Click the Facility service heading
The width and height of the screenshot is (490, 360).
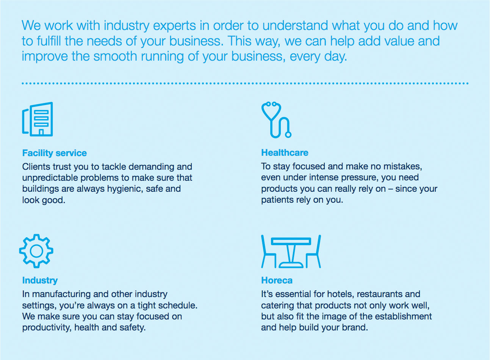coord(55,153)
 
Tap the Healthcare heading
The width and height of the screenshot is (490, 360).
coord(285,153)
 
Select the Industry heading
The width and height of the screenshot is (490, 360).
coord(40,280)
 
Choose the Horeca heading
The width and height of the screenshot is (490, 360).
coord(277,280)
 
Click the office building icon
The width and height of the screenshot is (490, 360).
coord(38,119)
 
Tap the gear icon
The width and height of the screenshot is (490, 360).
coord(36,251)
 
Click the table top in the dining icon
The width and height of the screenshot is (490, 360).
coord(291,241)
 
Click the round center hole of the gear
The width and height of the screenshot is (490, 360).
coord(36,251)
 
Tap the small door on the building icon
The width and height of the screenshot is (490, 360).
coord(41,132)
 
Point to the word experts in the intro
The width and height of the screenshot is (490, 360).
coord(174,26)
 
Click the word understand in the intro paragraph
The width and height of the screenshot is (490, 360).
coord(295,26)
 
